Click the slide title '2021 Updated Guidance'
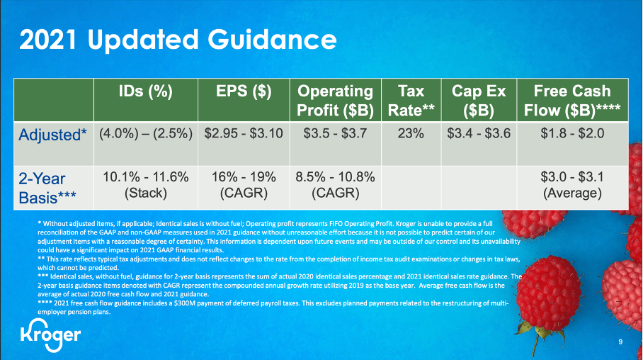[178, 40]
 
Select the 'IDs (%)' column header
[145, 91]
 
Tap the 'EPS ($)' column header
[244, 91]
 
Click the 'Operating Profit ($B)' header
[335, 101]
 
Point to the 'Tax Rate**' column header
[411, 101]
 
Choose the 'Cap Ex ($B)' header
[478, 101]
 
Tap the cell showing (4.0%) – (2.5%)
[145, 133]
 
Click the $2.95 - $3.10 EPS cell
[244, 133]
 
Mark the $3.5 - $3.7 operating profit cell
[335, 133]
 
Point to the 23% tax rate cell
[411, 133]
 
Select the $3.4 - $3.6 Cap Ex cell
[478, 133]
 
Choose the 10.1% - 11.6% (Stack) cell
[145, 184]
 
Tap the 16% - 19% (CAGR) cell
[244, 184]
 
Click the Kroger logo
[49, 334]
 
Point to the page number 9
[620, 343]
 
